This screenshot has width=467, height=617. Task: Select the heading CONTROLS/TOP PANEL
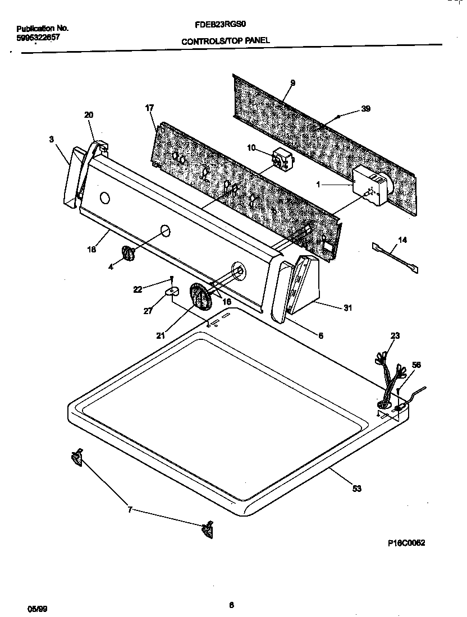pos(225,40)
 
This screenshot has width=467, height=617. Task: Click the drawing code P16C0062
pos(406,543)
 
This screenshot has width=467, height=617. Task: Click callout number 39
pos(365,109)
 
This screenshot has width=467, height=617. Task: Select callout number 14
pos(402,240)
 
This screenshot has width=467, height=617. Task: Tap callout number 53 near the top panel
pos(356,489)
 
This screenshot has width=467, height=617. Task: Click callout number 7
pos(130,509)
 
